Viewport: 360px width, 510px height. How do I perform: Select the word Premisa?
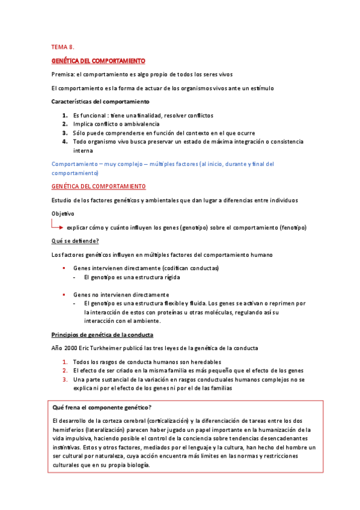tap(63, 75)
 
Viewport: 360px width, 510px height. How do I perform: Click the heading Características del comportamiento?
tap(100, 102)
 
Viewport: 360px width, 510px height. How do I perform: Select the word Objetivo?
tap(63, 214)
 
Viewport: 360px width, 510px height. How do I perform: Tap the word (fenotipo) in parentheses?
tap(293, 227)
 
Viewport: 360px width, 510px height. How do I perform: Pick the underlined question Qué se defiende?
tap(75, 241)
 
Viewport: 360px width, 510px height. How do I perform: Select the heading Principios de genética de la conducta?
tap(102, 334)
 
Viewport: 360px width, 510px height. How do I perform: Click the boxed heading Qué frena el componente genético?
tap(103, 407)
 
